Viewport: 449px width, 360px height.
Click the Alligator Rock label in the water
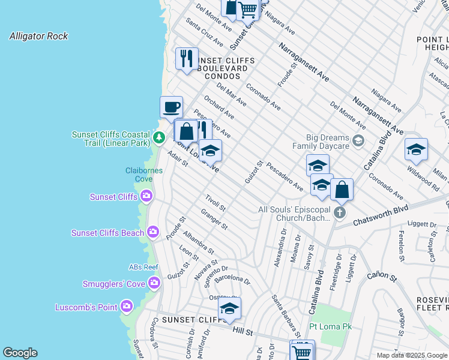pos(38,36)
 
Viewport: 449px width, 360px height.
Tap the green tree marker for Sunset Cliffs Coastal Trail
pos(158,138)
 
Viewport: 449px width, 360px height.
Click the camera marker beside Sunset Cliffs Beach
pos(153,232)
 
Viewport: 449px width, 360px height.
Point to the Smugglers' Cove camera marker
pos(154,283)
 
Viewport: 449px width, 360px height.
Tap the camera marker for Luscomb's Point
pos(126,307)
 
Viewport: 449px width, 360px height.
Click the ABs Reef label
pos(143,267)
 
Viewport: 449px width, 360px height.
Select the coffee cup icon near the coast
pos(172,107)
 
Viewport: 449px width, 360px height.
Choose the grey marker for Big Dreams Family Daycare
pos(358,141)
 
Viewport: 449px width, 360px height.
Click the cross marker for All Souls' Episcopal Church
pos(340,212)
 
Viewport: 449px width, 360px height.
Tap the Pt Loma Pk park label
pos(330,326)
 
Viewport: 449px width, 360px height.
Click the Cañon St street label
pos(382,276)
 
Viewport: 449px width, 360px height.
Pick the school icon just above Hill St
pos(229,308)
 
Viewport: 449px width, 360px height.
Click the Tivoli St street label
pos(214,203)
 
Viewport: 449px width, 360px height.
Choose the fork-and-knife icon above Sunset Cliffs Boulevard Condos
pos(187,58)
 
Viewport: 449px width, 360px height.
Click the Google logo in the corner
pos(20,353)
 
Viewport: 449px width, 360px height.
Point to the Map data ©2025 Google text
pos(412,355)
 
